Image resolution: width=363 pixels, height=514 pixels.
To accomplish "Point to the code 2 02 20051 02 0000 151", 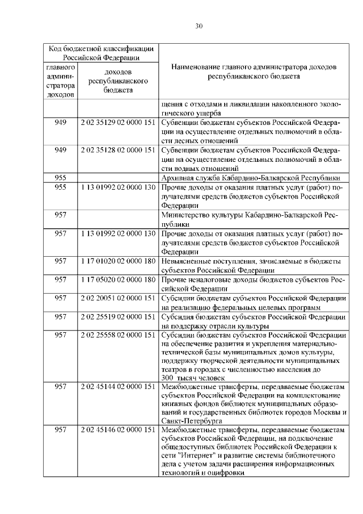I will pyautogui.click(x=118, y=298).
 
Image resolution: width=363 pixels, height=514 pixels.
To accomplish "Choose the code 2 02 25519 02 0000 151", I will pyautogui.click(x=118, y=317).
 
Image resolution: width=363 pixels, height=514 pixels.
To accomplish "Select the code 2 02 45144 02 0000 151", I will pyautogui.click(x=118, y=386).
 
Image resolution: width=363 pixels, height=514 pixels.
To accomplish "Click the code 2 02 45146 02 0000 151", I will pyautogui.click(x=118, y=430).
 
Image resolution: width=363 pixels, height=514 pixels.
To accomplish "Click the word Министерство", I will pyautogui.click(x=185, y=215).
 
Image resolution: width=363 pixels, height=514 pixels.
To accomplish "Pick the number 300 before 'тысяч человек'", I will pyautogui.click(x=167, y=378).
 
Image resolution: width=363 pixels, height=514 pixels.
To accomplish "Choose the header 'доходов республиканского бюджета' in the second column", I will pyautogui.click(x=118, y=81).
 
